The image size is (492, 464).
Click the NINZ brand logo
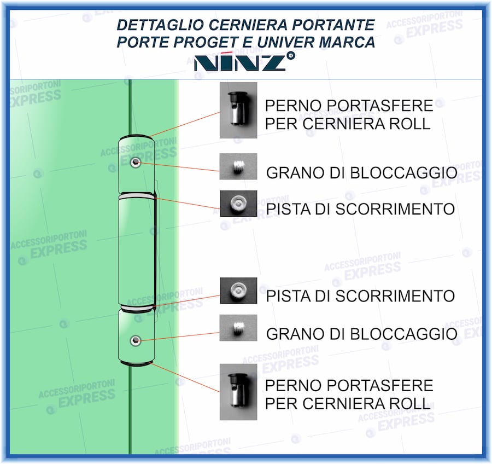241,62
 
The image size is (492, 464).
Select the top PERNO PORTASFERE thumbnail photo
238,110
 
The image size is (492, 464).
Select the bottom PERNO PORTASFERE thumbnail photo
238,392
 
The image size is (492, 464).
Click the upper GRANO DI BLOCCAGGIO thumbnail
238,166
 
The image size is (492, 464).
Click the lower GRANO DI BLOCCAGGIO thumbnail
238,328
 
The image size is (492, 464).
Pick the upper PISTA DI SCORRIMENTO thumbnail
238,203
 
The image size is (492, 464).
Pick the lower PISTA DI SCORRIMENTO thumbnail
238,291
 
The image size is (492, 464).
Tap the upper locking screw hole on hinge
136,163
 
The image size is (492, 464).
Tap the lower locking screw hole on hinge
135,340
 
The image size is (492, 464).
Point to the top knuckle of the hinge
137,163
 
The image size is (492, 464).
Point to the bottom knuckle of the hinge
137,337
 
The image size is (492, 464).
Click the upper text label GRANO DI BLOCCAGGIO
361,173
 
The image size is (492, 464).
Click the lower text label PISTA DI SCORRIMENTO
360,297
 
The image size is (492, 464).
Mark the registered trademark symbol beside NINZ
291,55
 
